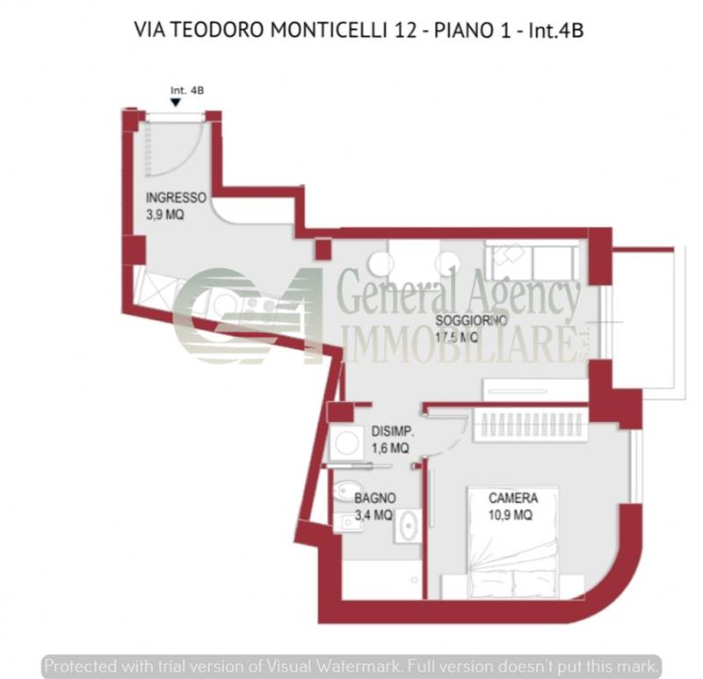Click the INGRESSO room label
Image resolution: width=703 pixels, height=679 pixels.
coord(176,198)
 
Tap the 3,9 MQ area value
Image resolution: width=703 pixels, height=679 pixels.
coord(165,215)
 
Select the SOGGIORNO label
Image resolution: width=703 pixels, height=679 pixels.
coord(471,320)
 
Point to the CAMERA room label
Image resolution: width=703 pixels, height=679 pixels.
coord(513,498)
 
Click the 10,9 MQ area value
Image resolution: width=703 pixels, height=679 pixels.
coord(511,515)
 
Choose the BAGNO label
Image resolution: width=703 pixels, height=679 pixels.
coord(375,498)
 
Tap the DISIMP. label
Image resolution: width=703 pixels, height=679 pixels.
coord(392,431)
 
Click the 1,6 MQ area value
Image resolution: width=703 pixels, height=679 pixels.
coord(390,448)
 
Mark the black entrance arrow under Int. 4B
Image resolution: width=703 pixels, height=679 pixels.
coord(176,103)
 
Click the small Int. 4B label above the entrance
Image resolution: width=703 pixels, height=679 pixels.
coord(187,91)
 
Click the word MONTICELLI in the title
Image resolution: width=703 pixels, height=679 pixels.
coord(329,30)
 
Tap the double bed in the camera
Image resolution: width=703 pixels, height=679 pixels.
coord(513,543)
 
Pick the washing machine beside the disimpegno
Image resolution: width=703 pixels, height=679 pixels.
coord(346,443)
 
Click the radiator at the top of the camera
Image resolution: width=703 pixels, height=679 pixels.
coord(530,424)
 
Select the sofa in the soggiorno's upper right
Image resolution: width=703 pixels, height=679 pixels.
coord(533,259)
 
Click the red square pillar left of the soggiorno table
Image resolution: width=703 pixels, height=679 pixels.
coord(323,249)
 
